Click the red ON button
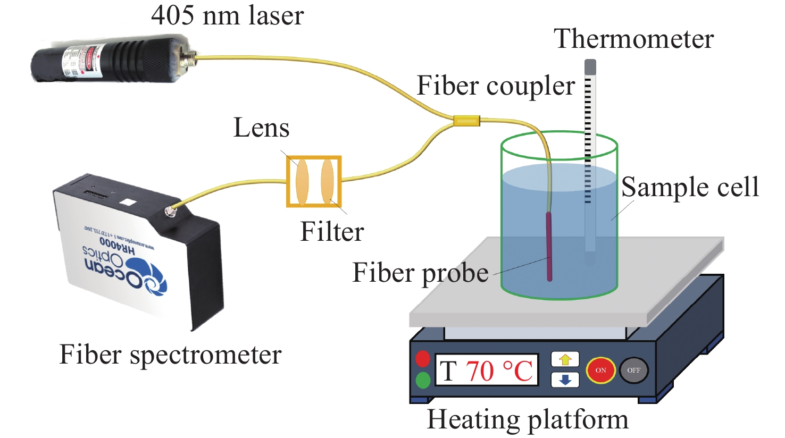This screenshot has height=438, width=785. tap(600, 370)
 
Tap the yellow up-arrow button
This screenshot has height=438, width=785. tap(565, 360)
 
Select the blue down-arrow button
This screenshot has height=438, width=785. tap(565, 380)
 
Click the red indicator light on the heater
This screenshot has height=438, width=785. tap(423, 359)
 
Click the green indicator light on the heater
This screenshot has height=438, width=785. tap(423, 380)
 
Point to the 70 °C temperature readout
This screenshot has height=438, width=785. tap(499, 370)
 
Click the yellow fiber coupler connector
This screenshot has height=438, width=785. tap(466, 121)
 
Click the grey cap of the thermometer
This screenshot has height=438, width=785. tap(590, 67)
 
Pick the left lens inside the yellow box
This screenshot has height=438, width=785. tap(302, 181)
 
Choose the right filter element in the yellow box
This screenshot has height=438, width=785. tap(327, 181)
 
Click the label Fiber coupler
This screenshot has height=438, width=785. tap(496, 86)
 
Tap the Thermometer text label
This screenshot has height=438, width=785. tap(633, 39)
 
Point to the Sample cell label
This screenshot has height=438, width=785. tap(690, 187)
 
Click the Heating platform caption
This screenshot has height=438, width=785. tap(528, 419)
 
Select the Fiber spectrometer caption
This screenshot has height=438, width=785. tap(170, 355)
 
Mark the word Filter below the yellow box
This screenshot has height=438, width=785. tap(332, 231)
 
